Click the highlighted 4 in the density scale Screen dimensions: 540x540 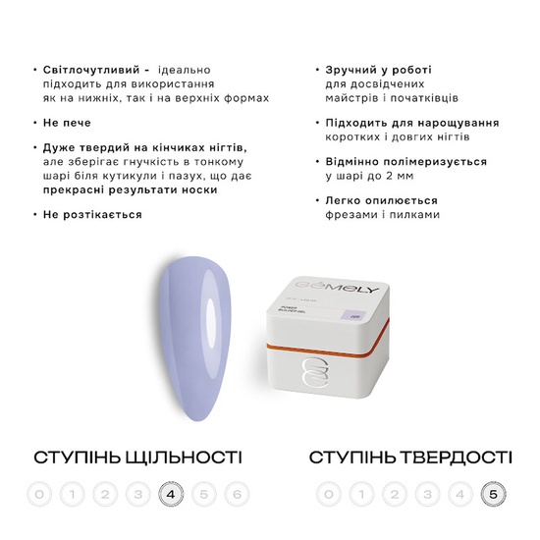click(x=171, y=494)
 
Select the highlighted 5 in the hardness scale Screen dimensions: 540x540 click(x=491, y=494)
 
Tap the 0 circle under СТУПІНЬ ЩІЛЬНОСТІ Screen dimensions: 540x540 click(x=38, y=494)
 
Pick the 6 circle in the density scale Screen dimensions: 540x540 click(x=237, y=494)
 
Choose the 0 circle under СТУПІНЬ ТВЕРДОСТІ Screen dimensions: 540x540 click(x=330, y=494)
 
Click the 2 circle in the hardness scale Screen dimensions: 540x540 click(x=395, y=494)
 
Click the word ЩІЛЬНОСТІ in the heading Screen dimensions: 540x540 click(x=183, y=458)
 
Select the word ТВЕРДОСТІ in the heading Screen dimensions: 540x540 click(x=453, y=458)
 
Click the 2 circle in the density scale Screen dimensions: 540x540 click(x=104, y=494)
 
